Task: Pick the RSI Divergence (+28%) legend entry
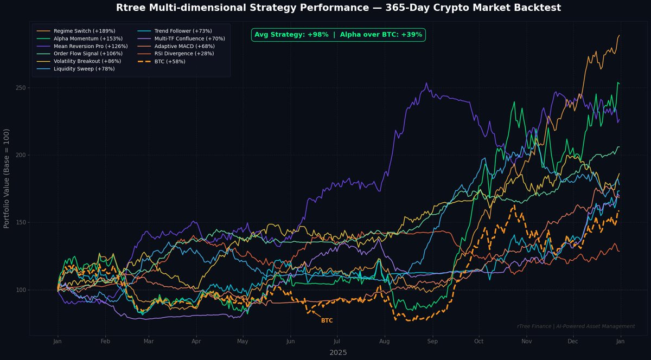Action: (x=184, y=54)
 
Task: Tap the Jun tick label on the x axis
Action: (x=290, y=342)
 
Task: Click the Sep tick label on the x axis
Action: (x=432, y=342)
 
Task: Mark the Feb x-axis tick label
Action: (x=105, y=342)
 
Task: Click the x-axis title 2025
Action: (x=338, y=352)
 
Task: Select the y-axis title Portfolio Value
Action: (x=7, y=178)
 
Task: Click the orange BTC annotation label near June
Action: (x=327, y=321)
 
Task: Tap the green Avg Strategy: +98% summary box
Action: (x=339, y=35)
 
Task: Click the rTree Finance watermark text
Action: (x=576, y=326)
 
